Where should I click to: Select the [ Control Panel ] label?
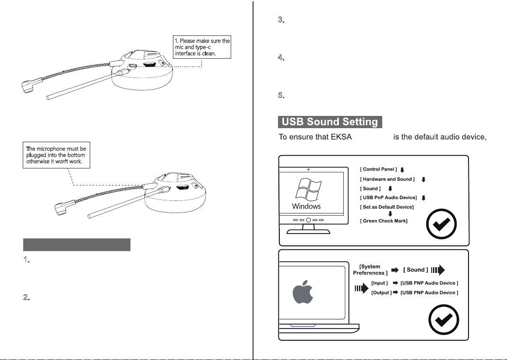tap(378, 169)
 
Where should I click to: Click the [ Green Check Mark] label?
tap(384, 221)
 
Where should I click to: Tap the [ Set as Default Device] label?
tap(387, 206)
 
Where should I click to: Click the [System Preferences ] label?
tap(370, 269)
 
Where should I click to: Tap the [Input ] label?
tap(379, 283)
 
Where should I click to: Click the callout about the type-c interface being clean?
tap(202, 47)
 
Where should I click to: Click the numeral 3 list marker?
tap(282, 21)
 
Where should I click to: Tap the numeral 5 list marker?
tap(282, 96)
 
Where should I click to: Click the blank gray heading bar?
tap(77, 245)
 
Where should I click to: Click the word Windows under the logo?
tap(306, 206)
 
